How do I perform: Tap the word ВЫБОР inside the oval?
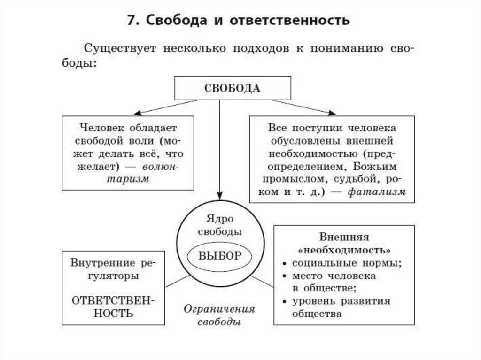tap(220, 256)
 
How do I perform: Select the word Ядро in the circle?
tap(219, 218)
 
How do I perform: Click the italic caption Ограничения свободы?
tap(219, 315)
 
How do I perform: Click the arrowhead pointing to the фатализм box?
tap(332, 113)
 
